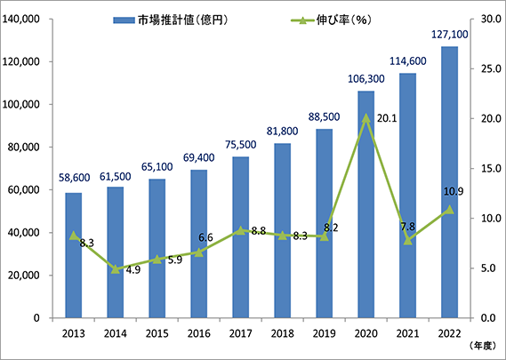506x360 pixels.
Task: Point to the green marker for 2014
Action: (x=115, y=268)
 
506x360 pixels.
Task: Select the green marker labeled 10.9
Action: (x=449, y=210)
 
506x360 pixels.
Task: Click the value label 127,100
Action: (x=450, y=34)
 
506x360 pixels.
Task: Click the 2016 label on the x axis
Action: (x=198, y=332)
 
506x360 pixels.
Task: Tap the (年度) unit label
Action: (x=478, y=348)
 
